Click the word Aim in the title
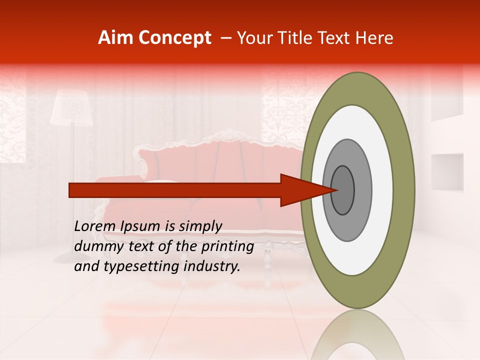click(116, 38)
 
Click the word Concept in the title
click(175, 38)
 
